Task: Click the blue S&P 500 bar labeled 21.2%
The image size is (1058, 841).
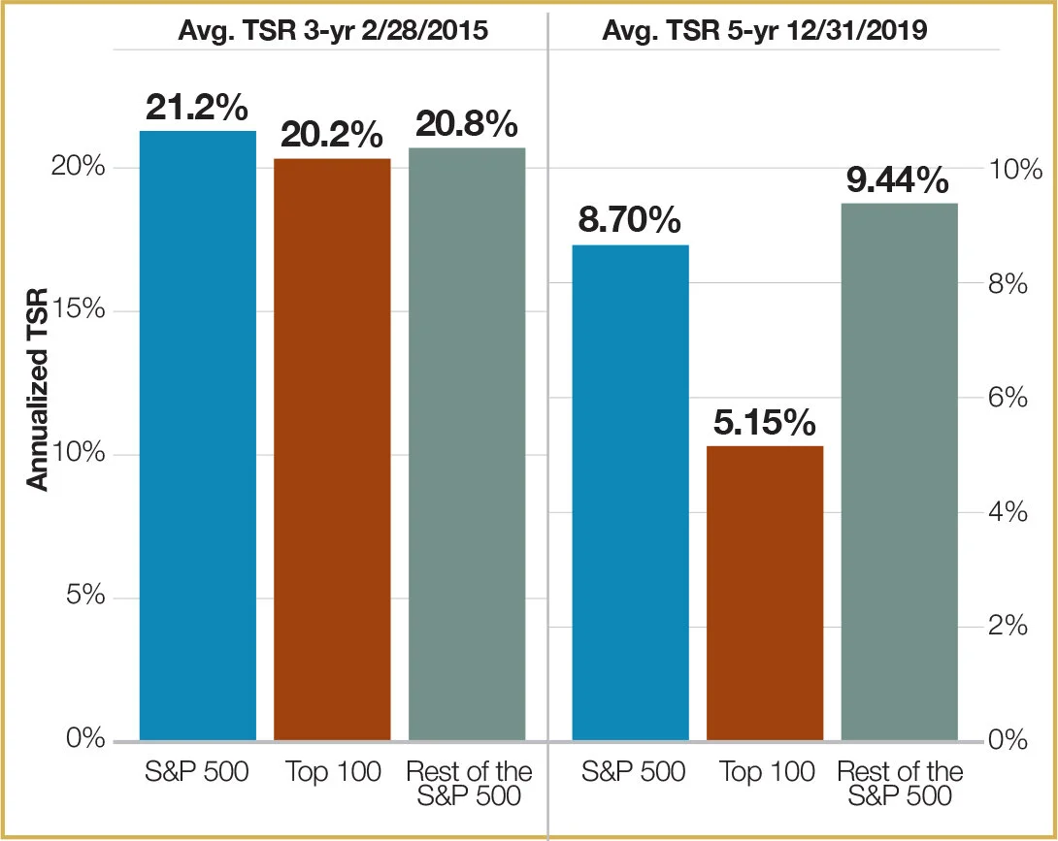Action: (198, 436)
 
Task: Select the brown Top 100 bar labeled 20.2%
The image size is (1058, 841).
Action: (332, 449)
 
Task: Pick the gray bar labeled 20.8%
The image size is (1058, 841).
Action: (467, 443)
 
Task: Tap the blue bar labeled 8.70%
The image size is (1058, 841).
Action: (630, 493)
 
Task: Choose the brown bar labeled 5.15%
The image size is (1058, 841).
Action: (765, 593)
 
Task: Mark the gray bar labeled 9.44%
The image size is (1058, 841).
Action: (900, 471)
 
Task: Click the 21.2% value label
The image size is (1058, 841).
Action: (197, 108)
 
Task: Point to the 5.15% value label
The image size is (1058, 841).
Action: (765, 423)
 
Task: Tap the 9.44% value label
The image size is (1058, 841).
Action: (898, 180)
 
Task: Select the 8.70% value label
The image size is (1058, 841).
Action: (630, 220)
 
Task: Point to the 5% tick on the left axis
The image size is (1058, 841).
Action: (85, 597)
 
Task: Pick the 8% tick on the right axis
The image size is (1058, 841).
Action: (1008, 284)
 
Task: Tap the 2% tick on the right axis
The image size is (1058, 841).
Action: (1008, 627)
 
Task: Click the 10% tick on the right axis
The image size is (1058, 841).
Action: (1015, 170)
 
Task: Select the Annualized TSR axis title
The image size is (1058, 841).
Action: (38, 389)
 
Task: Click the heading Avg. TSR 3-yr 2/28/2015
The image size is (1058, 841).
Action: (333, 30)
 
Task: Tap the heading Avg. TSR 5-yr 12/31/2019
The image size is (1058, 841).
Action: (765, 30)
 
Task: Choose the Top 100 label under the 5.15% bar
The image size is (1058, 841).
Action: (767, 771)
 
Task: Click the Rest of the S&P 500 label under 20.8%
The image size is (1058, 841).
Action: (469, 784)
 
